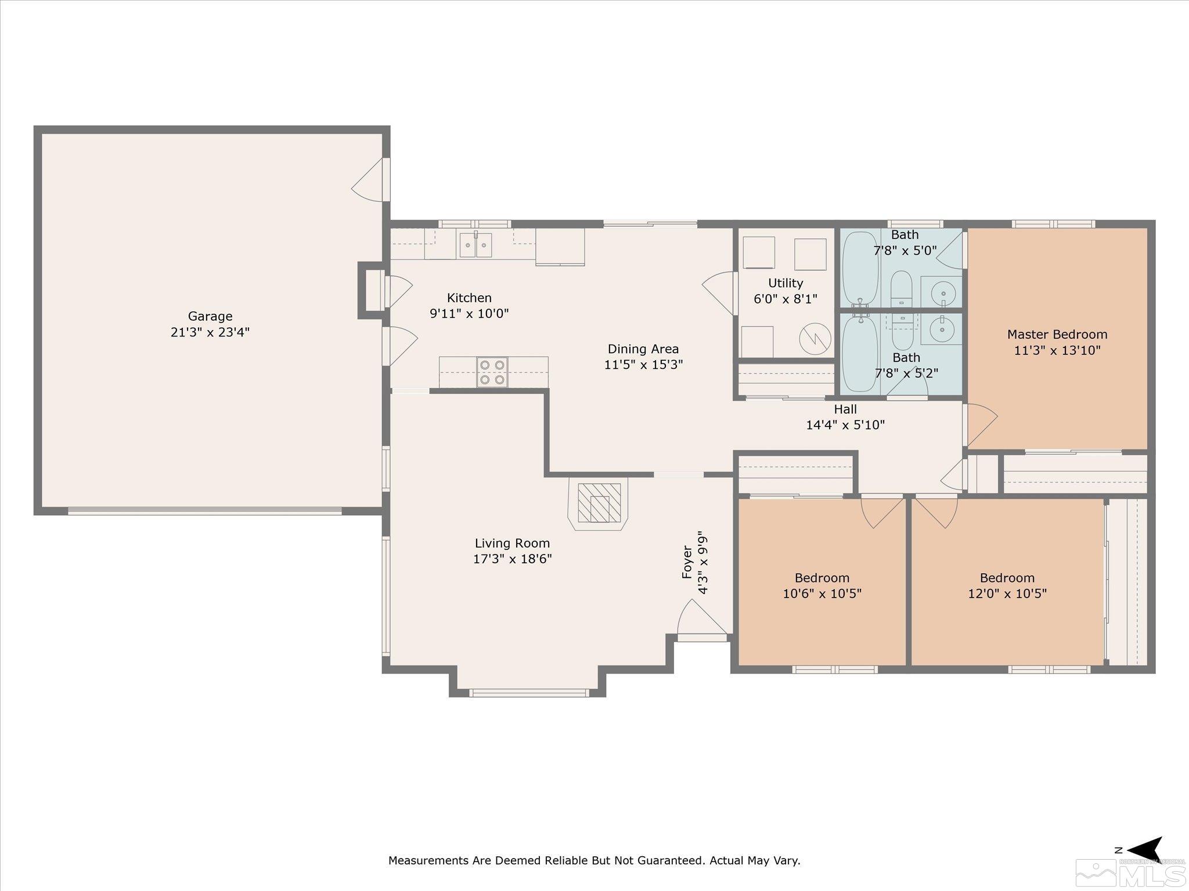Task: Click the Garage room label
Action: coord(210,317)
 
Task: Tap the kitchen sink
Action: coord(475,245)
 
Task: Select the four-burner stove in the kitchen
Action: coord(492,372)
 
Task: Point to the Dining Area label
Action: coord(643,349)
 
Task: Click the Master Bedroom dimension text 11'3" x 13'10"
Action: coord(1057,350)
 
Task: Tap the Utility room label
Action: coord(786,283)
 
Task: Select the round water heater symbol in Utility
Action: coord(815,338)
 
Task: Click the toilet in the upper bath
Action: coord(901,288)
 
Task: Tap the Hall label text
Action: coord(845,409)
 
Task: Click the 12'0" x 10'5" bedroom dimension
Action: coord(1007,593)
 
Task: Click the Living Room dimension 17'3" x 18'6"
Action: coord(512,559)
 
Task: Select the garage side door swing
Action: coord(368,180)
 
